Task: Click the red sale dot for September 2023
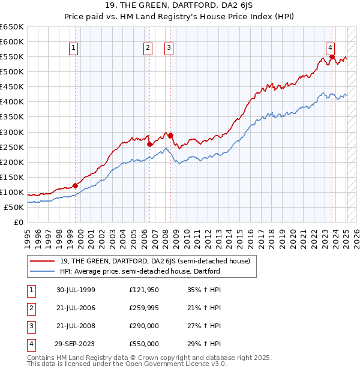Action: (331, 58)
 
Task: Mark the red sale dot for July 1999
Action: (76, 185)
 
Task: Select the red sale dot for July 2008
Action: (170, 135)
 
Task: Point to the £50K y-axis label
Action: (14, 207)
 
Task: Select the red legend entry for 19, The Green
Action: (150, 261)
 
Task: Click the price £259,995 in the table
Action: (143, 308)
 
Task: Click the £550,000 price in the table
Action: (143, 344)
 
